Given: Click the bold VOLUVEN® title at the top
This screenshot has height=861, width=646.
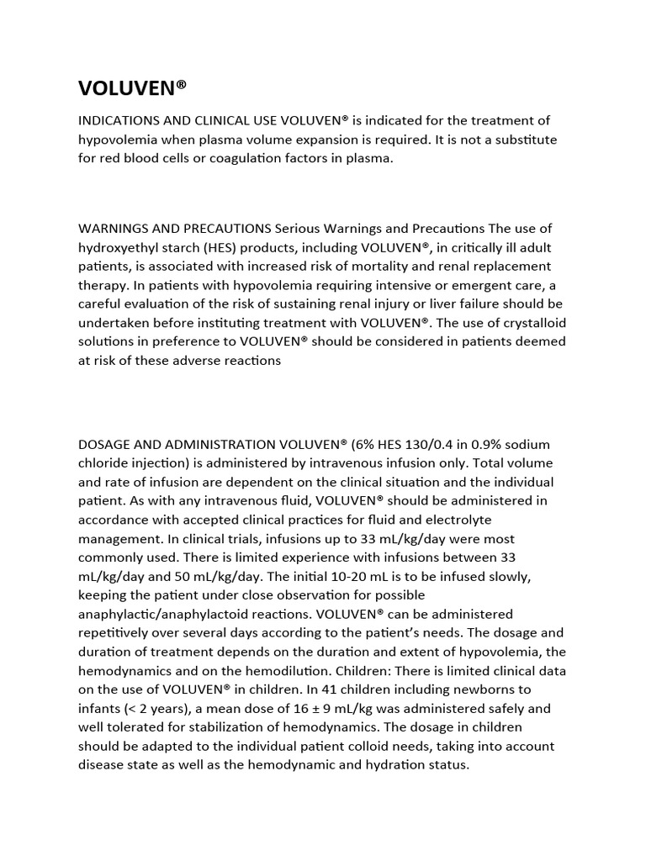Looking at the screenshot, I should (x=132, y=88).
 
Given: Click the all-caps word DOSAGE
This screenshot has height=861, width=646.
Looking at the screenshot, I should (x=105, y=444).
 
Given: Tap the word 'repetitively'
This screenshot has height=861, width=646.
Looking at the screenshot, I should (x=115, y=632).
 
